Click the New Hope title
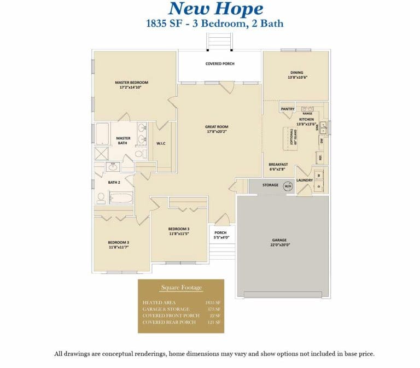pyautogui.click(x=215, y=9)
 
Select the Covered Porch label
pyautogui.click(x=220, y=64)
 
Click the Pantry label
pyautogui.click(x=288, y=109)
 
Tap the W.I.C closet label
pyautogui.click(x=161, y=144)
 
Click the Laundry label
pyautogui.click(x=304, y=180)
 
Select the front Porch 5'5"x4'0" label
pyautogui.click(x=220, y=235)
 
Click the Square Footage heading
pyautogui.click(x=181, y=288)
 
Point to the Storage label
pyautogui.click(x=270, y=185)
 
